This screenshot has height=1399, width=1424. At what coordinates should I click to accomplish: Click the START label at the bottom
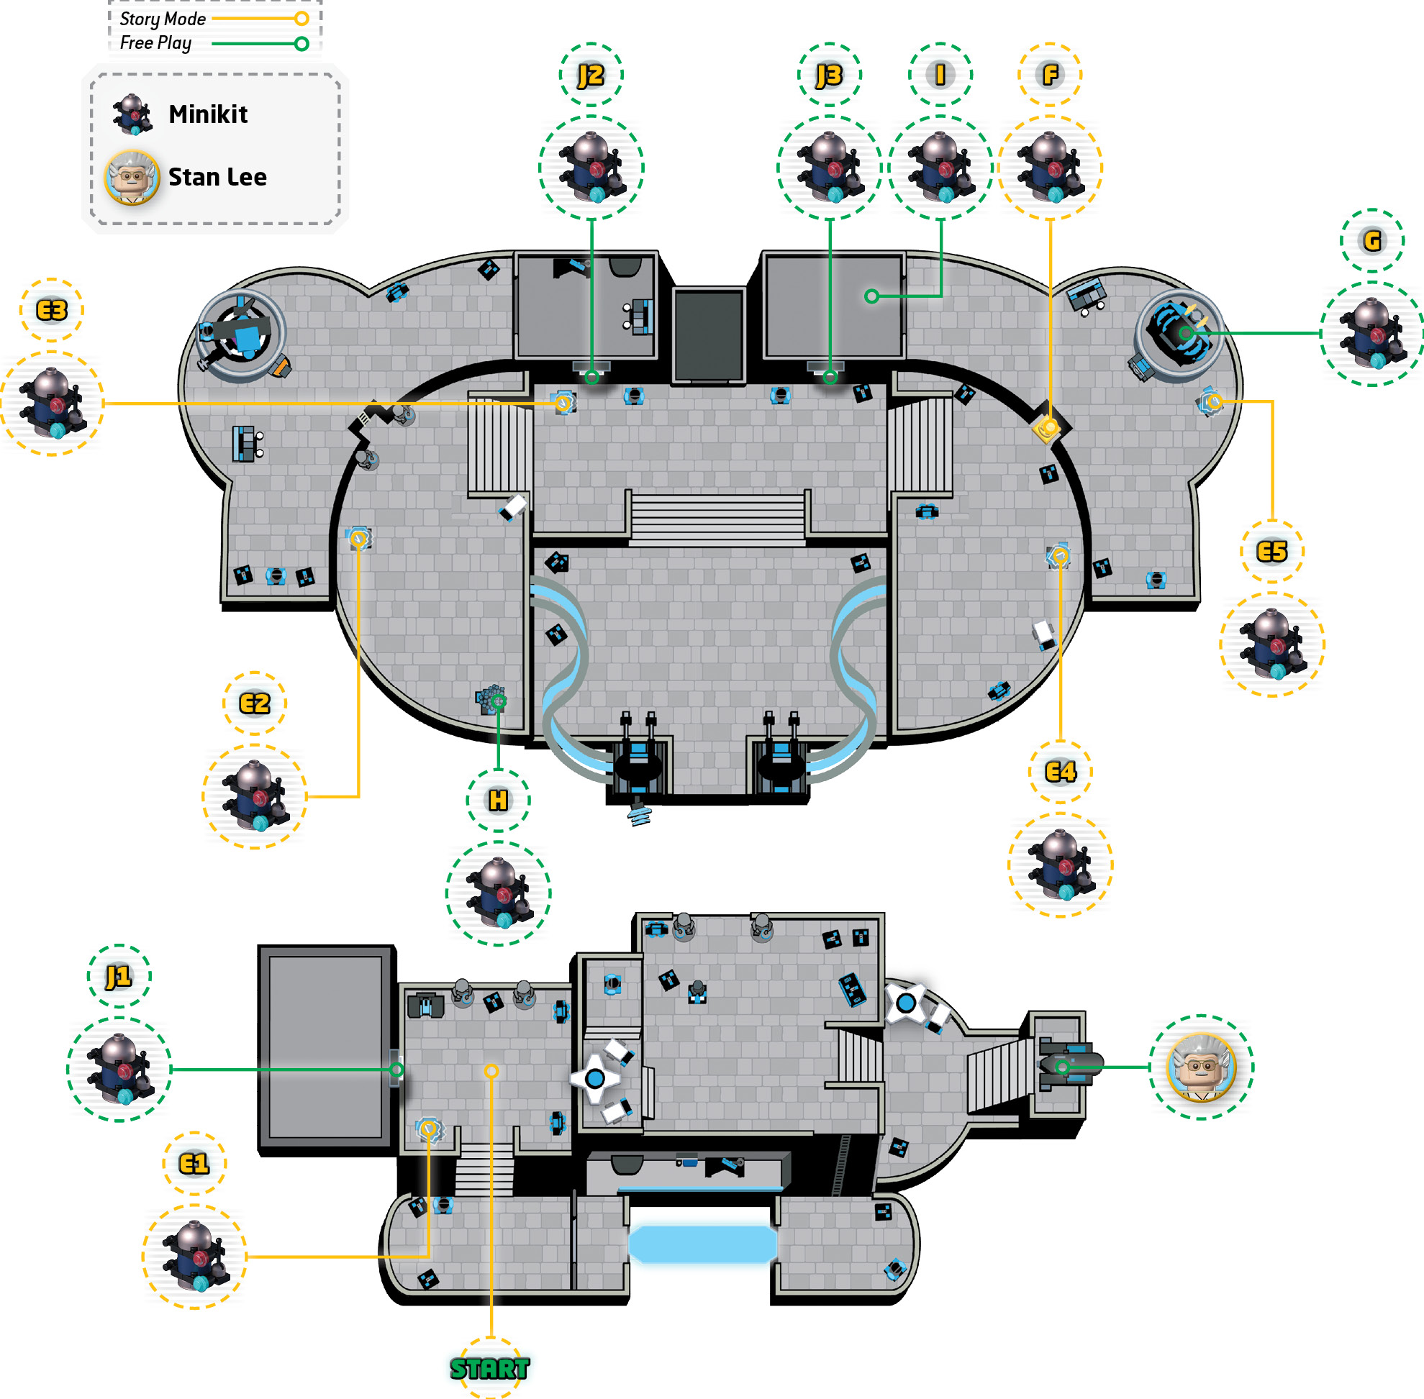point(489,1368)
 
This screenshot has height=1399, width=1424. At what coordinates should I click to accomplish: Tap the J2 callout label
point(590,75)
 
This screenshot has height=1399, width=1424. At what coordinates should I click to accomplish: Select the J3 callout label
point(829,75)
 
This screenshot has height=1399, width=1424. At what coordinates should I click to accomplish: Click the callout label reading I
point(940,75)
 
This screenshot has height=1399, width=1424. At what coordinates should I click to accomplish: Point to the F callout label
point(1050,75)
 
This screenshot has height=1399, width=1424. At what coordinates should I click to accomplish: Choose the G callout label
point(1371,240)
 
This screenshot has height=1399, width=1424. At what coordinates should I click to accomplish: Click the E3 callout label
point(52,310)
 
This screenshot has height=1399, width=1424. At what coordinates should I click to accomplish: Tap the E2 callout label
point(255,703)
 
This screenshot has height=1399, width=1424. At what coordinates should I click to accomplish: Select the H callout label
point(498,800)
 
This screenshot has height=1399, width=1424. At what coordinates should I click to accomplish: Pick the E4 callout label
point(1060,772)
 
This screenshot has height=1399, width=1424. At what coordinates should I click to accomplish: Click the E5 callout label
point(1272,552)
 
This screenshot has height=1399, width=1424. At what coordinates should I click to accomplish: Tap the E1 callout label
point(194,1164)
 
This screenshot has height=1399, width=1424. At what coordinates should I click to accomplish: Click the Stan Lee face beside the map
point(1201,1067)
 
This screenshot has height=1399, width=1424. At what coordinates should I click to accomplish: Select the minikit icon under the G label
point(1371,334)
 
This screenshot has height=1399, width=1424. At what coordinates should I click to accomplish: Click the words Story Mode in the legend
point(163,19)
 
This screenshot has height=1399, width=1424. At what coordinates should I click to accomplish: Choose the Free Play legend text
point(156,43)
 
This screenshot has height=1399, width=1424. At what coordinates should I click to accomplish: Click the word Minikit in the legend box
point(208,114)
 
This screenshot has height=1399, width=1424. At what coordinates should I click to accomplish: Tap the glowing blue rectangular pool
point(703,1244)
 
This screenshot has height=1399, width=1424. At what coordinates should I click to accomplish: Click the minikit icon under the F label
point(1050,168)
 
